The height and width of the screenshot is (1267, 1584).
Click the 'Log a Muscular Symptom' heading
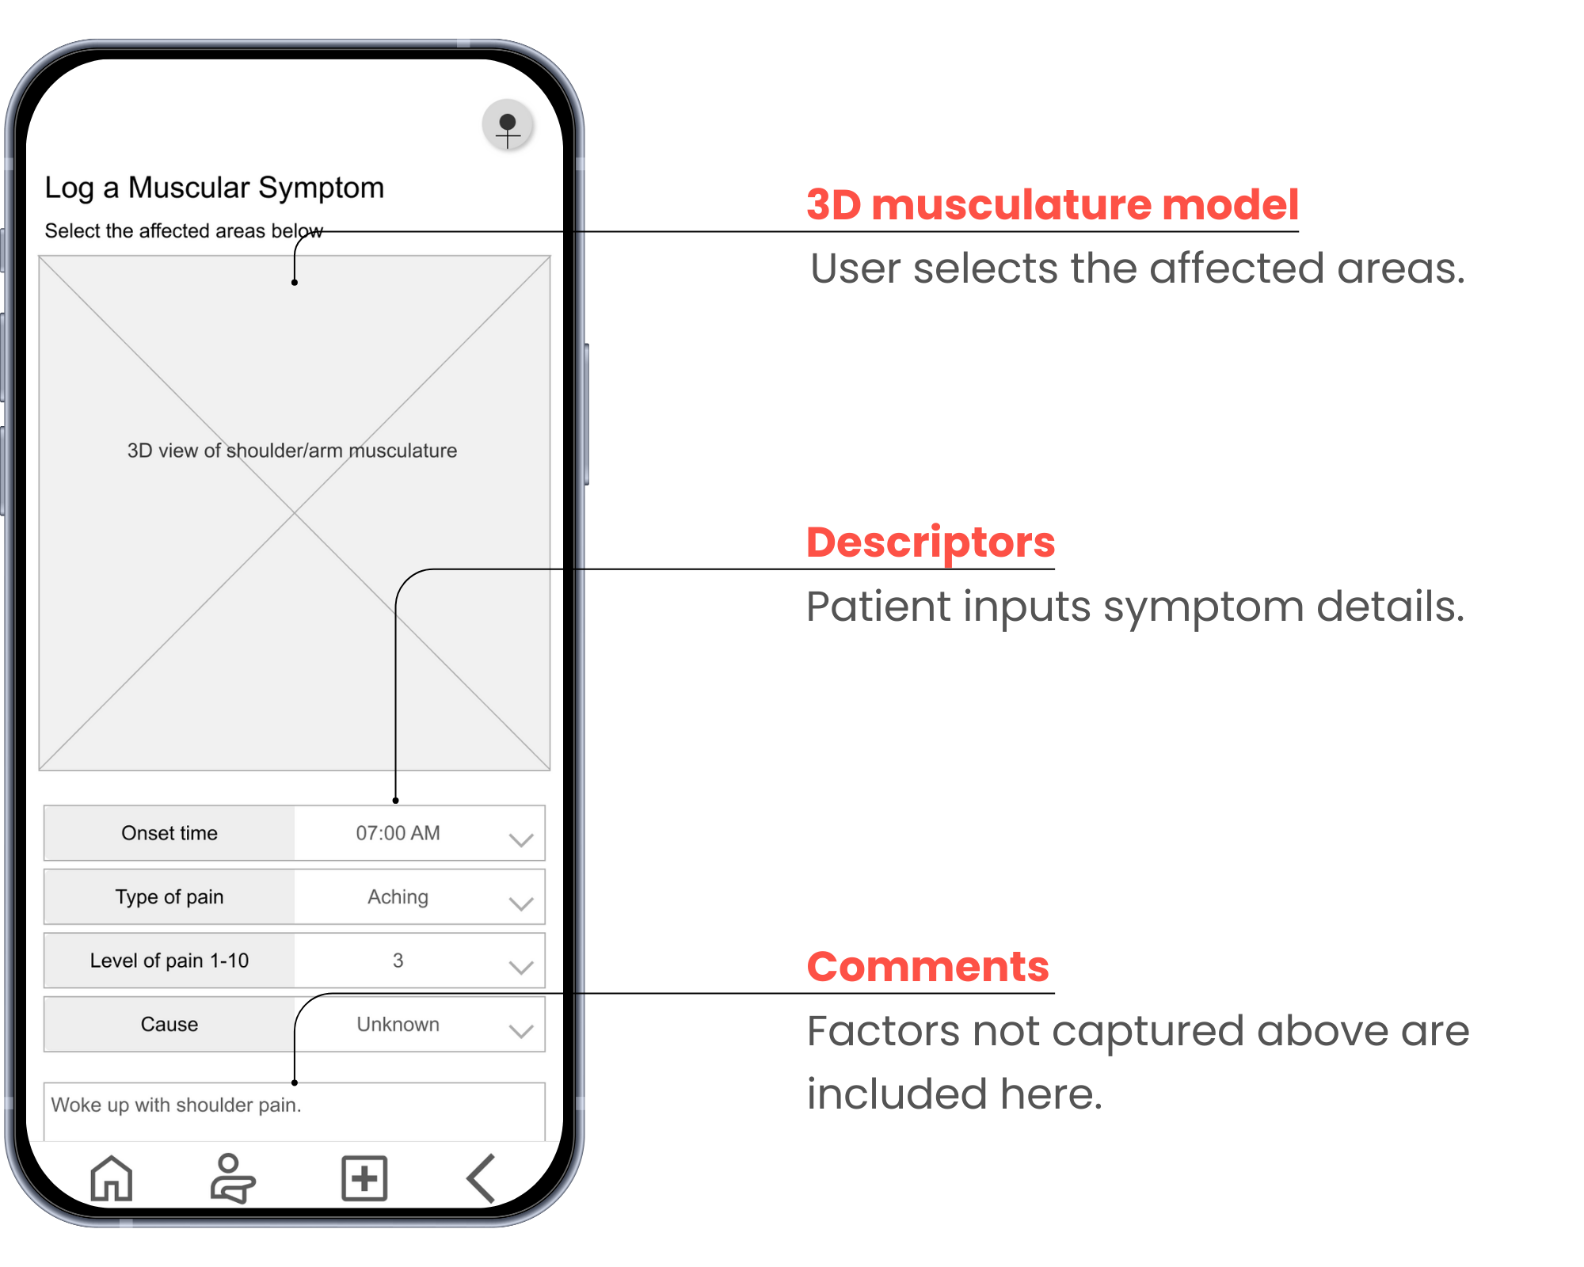click(214, 188)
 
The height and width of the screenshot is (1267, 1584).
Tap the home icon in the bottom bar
click(111, 1178)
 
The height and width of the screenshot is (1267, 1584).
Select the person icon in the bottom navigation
click(231, 1178)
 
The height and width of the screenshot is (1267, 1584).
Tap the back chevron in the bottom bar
click(482, 1178)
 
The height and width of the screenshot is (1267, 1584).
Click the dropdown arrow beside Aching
click(520, 903)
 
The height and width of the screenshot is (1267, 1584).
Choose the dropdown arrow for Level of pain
click(520, 966)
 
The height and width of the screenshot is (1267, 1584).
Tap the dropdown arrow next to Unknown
click(520, 1030)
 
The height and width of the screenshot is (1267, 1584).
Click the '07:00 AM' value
click(398, 833)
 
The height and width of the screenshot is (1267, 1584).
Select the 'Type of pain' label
click(169, 897)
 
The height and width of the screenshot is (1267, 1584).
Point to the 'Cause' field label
click(169, 1024)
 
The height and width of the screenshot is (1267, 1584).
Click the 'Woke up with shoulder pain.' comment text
click(176, 1105)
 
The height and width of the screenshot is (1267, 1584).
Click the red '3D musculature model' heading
click(1052, 205)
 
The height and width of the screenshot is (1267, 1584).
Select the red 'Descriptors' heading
click(931, 542)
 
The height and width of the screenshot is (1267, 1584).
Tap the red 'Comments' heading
click(927, 967)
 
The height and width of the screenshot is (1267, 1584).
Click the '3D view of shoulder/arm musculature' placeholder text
click(292, 451)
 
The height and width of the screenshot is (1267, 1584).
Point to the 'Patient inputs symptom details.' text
click(1135, 607)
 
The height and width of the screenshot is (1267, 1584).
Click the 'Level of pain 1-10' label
click(169, 961)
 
